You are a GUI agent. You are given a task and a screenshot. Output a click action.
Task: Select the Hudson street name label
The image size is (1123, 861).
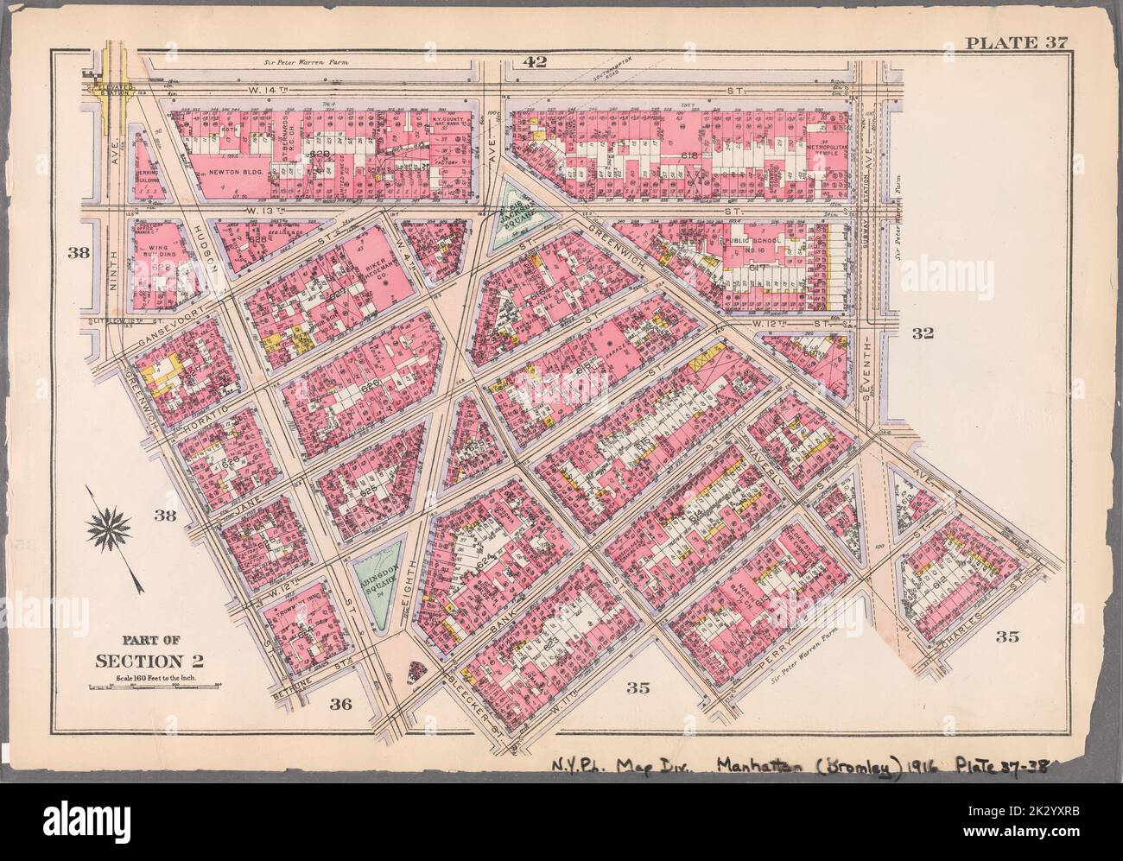[202, 238]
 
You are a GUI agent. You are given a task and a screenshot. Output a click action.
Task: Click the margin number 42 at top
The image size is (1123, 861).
[536, 60]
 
